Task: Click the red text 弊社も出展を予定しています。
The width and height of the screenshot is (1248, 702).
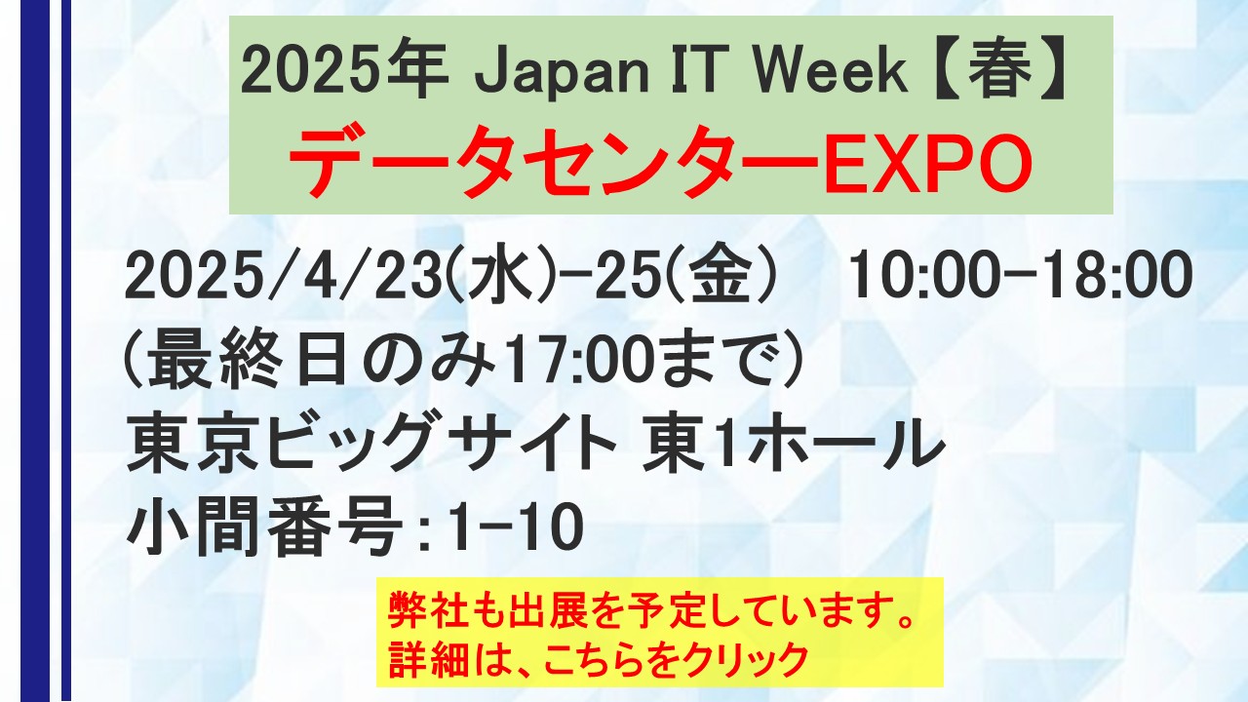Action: [x=652, y=610]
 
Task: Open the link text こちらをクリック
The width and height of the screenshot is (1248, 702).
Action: [x=679, y=660]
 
